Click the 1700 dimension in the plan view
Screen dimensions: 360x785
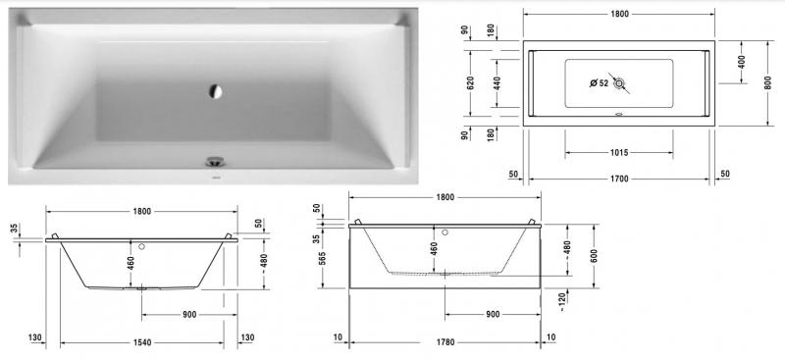(x=618, y=180)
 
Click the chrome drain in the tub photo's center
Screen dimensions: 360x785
(x=215, y=91)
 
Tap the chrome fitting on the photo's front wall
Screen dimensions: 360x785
(x=214, y=161)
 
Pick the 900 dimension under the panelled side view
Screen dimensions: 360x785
(x=493, y=314)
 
